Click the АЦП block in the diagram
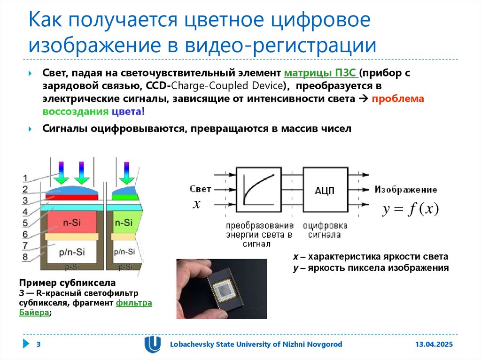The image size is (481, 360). coord(325,189)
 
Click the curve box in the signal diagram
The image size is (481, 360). coord(258,189)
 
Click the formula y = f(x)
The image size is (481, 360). coord(410,209)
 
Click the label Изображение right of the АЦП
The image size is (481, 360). coord(406,190)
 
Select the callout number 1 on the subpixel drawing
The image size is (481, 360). coord(26,178)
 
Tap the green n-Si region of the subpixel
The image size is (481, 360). coord(124,223)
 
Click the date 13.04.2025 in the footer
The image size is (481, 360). coord(433,345)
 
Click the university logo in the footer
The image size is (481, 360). coord(152,345)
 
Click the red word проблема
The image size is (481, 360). coord(398,99)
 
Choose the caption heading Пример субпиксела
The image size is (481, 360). coord(67,283)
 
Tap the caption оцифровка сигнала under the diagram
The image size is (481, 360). coord(325,230)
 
